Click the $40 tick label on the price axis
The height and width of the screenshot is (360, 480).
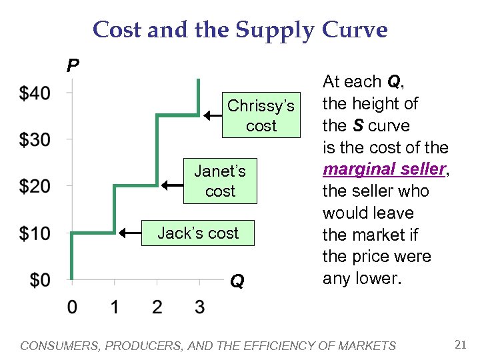[35, 93]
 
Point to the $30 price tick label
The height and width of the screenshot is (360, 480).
[35, 140]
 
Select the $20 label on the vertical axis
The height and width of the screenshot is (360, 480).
[35, 186]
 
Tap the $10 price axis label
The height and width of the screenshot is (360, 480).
[35, 233]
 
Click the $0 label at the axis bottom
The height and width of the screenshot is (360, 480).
[39, 280]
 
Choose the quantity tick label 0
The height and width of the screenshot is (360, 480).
[72, 307]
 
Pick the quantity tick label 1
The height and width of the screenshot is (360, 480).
[115, 307]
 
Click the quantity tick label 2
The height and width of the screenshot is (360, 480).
[157, 307]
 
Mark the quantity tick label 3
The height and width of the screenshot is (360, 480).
[199, 307]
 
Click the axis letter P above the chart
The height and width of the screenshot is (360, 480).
[73, 65]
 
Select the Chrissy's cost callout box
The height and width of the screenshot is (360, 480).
[261, 116]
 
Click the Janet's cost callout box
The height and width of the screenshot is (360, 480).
[219, 181]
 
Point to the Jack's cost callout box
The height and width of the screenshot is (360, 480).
[198, 233]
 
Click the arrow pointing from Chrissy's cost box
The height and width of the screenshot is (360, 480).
[213, 116]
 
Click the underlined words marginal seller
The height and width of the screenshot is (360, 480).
[384, 169]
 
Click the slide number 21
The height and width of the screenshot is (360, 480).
[459, 345]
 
